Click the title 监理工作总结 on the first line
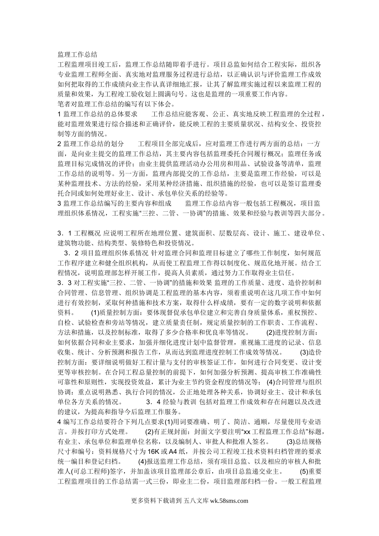pos(77,54)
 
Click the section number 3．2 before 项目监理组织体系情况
pos(72,253)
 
